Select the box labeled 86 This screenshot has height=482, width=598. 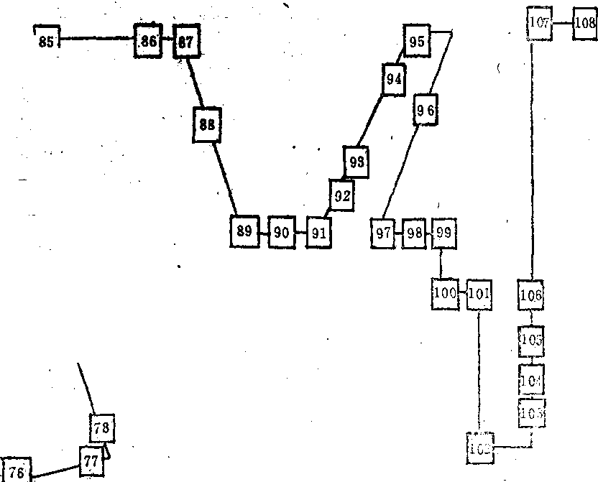(x=148, y=42)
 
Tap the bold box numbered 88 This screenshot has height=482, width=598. (x=207, y=124)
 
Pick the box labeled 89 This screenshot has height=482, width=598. (x=244, y=231)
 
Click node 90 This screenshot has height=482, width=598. (x=282, y=232)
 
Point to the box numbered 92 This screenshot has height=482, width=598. (x=343, y=195)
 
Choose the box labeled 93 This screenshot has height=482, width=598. (x=356, y=162)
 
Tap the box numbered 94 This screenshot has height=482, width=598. (x=393, y=79)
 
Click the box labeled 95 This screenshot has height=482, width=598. (x=417, y=42)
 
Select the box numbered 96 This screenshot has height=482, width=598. (x=425, y=110)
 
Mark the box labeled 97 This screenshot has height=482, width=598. (x=384, y=233)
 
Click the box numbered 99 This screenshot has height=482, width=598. (x=443, y=232)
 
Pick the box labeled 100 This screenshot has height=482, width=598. (x=446, y=293)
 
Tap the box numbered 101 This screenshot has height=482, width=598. (x=479, y=293)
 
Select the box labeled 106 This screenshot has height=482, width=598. (x=530, y=295)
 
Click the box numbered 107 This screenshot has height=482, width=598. (x=539, y=22)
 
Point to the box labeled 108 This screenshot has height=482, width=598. (x=585, y=23)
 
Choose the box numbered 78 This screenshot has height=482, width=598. (x=102, y=429)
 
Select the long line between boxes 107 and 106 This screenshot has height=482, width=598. (x=531, y=158)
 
